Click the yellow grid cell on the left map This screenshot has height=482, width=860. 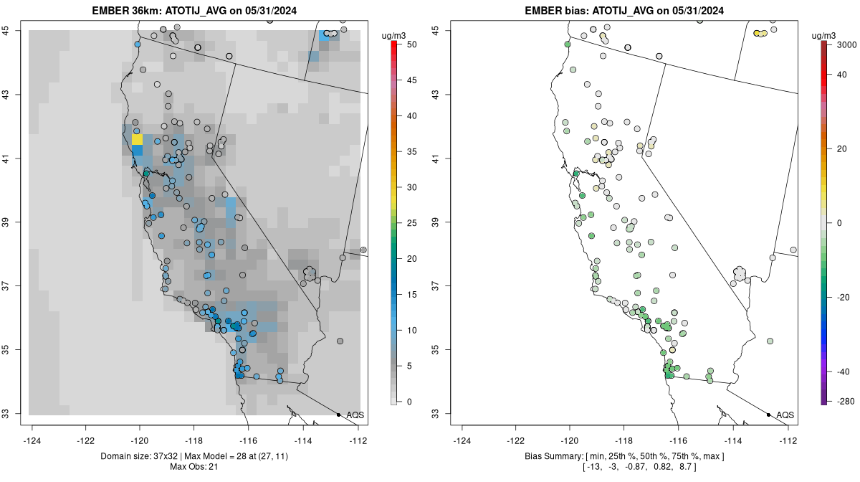click(137, 139)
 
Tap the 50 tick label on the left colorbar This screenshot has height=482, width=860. click(412, 44)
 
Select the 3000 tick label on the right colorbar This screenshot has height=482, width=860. click(847, 44)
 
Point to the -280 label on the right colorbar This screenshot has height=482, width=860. click(845, 401)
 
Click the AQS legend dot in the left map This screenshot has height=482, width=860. click(338, 415)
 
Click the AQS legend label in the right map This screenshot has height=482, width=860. click(785, 415)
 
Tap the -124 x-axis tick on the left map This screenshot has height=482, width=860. click(33, 440)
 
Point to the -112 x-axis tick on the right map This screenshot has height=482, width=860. click(788, 440)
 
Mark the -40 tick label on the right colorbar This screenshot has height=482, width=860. click(844, 372)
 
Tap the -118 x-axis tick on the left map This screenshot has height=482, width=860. click(193, 440)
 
